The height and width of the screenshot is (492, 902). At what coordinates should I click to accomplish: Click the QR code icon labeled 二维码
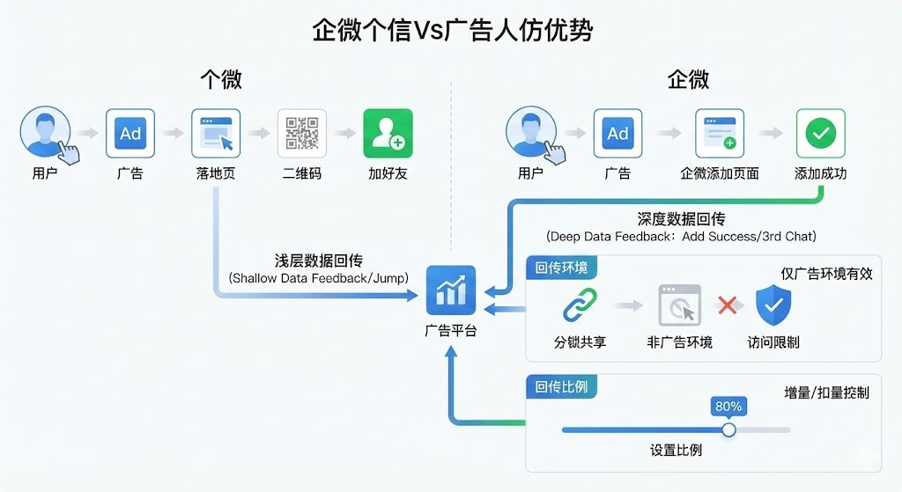point(302,133)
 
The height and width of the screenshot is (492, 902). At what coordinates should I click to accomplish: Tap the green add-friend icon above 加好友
point(388,133)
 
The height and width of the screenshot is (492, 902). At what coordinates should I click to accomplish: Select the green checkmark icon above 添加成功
point(820,133)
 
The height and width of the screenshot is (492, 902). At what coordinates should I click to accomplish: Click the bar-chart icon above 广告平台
point(450,290)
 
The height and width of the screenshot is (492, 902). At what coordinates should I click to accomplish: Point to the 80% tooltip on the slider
point(728,407)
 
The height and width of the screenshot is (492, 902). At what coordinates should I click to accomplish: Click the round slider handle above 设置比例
point(728,430)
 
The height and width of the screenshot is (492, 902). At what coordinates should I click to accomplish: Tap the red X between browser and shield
point(728,305)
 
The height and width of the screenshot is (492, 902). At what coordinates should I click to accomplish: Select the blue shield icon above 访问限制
point(773,305)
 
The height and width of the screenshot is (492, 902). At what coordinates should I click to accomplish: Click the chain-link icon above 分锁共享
point(580,305)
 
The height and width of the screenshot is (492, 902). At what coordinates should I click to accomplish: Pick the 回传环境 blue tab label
point(561,268)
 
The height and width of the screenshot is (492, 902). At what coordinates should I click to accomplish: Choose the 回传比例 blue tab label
point(561,386)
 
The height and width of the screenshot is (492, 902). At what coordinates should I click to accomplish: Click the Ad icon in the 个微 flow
point(130,133)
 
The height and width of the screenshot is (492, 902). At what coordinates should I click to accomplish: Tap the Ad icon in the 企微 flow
point(617,133)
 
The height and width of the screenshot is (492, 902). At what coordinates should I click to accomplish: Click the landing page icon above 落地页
point(216,133)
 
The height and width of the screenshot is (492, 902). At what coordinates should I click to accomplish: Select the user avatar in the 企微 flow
point(531,133)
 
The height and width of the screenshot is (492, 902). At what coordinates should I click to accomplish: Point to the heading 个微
point(220,80)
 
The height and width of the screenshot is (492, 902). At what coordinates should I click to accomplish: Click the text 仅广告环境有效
point(826,274)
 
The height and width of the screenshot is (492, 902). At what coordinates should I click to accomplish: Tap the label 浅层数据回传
point(318,261)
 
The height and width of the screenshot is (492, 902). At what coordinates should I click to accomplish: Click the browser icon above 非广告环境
point(679,305)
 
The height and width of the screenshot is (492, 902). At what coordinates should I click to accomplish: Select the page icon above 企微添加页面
point(720,133)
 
